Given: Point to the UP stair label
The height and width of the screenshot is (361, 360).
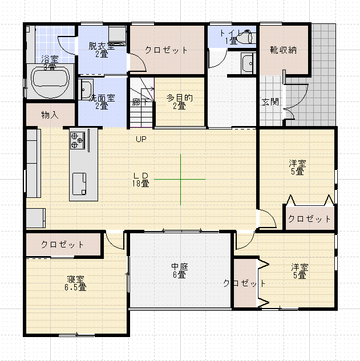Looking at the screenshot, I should coord(141,139).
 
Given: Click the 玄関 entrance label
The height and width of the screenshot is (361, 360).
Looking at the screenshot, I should coord(270,102).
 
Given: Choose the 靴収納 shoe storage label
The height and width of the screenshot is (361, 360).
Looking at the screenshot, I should coord(284,50).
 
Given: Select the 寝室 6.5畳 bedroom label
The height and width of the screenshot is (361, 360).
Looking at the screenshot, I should coord(76,283).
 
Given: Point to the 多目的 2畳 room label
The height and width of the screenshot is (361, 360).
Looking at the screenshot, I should coord(180,102).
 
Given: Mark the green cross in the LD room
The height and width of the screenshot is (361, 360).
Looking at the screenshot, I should coord(180,180).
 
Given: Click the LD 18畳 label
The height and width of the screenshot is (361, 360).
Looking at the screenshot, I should coord(141,179).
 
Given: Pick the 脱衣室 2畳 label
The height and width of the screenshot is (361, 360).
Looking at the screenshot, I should coord(102,50).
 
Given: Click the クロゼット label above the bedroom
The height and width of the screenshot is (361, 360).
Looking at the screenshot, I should coord(63,245).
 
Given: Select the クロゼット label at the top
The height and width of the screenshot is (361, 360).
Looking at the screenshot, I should coord(166,50).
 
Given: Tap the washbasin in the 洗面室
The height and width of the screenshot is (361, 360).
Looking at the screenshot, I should coord(86,90).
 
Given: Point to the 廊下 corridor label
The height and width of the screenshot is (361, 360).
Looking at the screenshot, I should coord(140,103).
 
